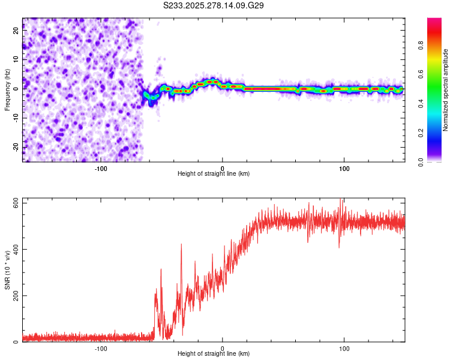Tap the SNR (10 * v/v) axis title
(x=8, y=269)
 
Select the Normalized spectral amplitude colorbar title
(x=446, y=89)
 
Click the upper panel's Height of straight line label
(x=214, y=173)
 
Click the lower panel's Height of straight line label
(x=214, y=353)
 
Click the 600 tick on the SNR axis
(x=13, y=203)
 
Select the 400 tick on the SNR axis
(x=13, y=249)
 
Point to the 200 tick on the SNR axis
(x=13, y=296)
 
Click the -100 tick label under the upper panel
(x=101, y=168)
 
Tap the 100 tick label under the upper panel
(x=344, y=168)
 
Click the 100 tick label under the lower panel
(x=344, y=348)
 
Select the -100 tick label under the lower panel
(x=101, y=348)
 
